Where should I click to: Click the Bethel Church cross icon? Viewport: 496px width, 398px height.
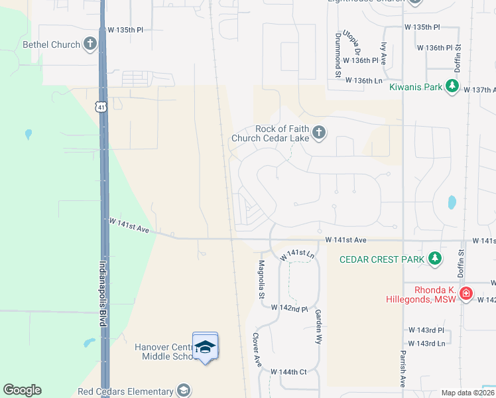pos(90,44)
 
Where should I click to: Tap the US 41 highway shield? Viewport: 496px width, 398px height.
pos(100,107)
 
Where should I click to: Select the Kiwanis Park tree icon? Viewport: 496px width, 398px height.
pos(452,86)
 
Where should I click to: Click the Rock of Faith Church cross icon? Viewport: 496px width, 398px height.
pos(319,133)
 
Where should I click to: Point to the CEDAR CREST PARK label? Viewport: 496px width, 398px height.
pos(381,259)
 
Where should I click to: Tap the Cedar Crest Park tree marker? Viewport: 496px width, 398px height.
pos(434,259)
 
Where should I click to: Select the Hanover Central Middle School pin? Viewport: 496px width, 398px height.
pos(205,347)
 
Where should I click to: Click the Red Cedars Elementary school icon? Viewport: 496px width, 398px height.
pos(183,391)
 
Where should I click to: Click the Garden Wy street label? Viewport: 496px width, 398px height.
pos(319,326)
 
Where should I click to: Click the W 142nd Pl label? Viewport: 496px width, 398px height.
pos(290,308)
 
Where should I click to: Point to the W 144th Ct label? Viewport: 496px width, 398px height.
pos(288,371)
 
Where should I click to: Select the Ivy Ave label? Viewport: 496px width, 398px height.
pos(384,51)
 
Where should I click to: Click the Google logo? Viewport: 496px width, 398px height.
pos(22,390)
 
